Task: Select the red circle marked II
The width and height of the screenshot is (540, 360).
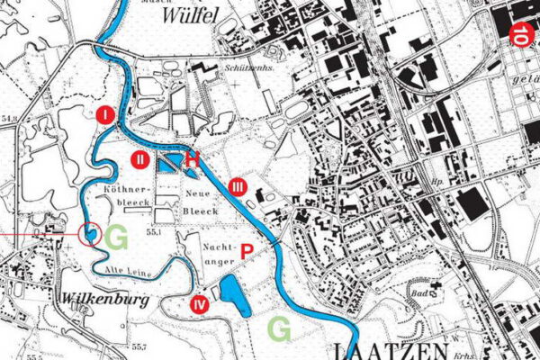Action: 140,161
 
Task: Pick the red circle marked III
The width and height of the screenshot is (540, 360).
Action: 237,186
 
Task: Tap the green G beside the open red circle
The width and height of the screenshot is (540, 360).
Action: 116,238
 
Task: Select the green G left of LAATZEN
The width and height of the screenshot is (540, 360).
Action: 280,330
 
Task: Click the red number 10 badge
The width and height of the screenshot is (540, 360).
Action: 522,35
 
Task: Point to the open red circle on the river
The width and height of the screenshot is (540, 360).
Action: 89,234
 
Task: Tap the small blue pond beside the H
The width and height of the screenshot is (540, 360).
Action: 168,162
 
